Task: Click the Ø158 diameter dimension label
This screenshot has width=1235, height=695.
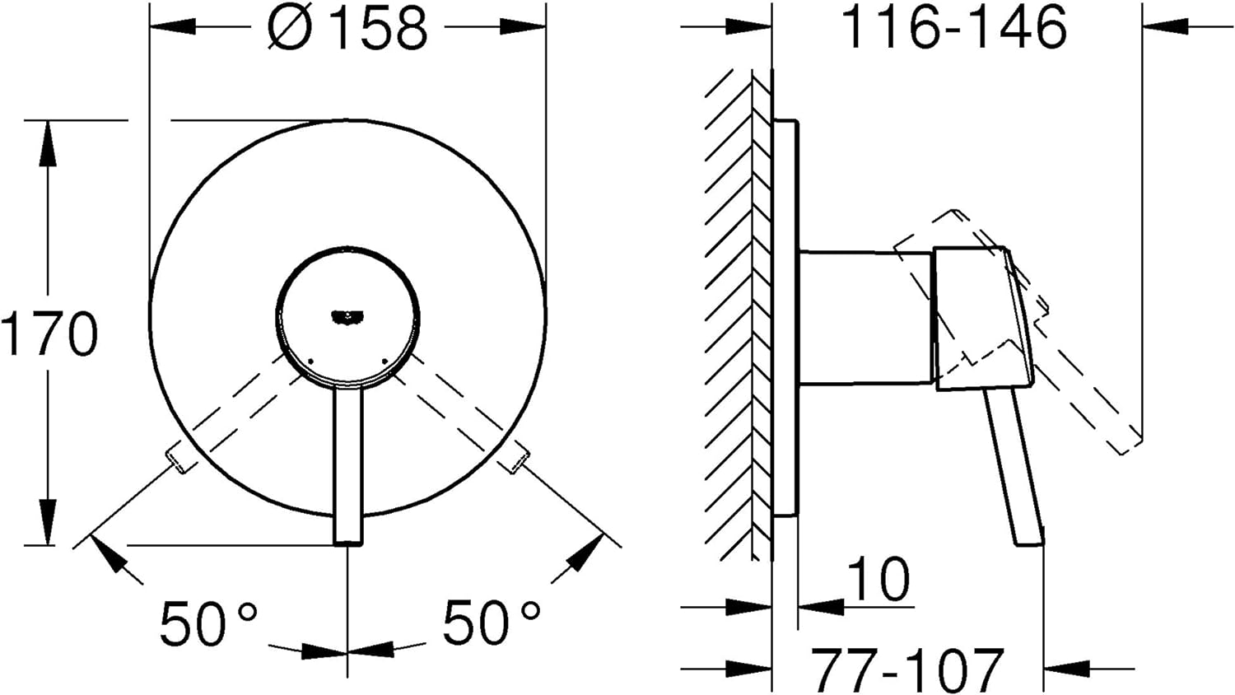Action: pos(347,27)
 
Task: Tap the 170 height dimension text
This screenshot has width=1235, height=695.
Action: pos(49,334)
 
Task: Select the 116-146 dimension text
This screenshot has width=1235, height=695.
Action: pos(954,27)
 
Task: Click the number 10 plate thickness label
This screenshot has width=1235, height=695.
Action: pos(878,578)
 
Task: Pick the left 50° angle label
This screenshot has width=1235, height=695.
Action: pos(208,623)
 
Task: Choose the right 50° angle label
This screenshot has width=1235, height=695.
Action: pos(492,623)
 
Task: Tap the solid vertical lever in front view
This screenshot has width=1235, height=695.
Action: pos(348,466)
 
